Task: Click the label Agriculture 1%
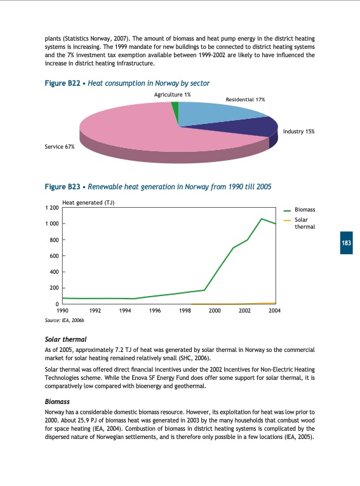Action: [x=173, y=94]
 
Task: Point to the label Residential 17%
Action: [x=245, y=100]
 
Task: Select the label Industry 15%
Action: [x=298, y=131]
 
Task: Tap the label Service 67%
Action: [x=60, y=147]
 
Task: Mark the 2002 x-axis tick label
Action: [x=244, y=311]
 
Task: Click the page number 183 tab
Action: [x=346, y=243]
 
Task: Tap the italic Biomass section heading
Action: [x=57, y=402]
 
